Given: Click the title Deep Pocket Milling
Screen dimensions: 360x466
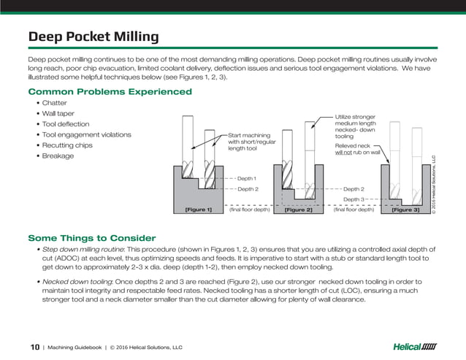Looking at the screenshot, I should point(93,37).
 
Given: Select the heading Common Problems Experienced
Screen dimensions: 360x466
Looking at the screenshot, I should point(110,92).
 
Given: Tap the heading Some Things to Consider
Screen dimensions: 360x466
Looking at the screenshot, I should point(91,238).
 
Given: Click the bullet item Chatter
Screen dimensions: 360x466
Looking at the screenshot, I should point(54,104).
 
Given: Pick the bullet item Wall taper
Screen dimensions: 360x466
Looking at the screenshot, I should point(58,114).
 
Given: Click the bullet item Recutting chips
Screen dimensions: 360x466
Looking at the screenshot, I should point(68,145).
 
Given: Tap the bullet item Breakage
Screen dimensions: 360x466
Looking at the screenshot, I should point(58,156).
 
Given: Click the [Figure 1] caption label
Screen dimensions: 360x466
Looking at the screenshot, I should point(199,210).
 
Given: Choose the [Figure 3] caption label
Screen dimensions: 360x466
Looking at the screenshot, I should point(405,210).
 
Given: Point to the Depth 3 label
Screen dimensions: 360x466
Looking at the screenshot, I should point(354,199).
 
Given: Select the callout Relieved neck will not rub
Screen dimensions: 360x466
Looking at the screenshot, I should point(357,149).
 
